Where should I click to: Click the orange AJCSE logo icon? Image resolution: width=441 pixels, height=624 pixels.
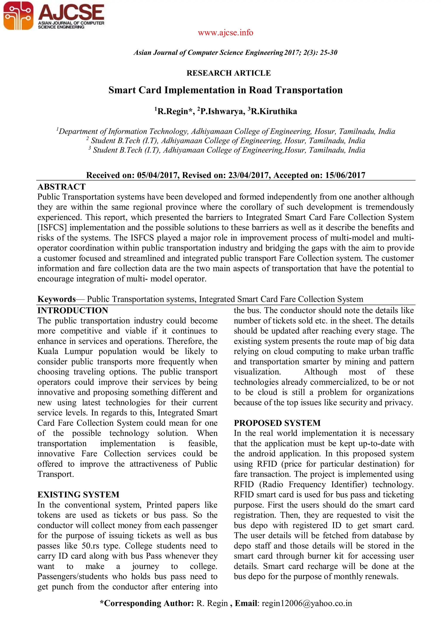pyautogui.click(x=18, y=16)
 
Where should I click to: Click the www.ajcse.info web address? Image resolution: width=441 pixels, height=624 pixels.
pyautogui.click(x=225, y=33)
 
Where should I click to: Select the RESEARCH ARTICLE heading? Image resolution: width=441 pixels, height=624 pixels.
pyautogui.click(x=229, y=73)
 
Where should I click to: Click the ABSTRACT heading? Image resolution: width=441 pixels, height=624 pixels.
pyautogui.click(x=61, y=187)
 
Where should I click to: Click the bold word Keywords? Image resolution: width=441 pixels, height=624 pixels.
pyautogui.click(x=56, y=299)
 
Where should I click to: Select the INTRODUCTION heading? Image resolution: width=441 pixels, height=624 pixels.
pyautogui.click(x=73, y=310)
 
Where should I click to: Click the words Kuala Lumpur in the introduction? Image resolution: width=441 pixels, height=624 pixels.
pyautogui.click(x=65, y=351)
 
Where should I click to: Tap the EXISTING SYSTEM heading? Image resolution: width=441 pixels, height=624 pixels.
pyautogui.click(x=78, y=494)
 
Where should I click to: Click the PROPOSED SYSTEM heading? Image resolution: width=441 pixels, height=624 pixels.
pyautogui.click(x=277, y=423)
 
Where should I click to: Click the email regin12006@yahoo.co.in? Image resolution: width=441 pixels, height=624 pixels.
pyautogui.click(x=307, y=603)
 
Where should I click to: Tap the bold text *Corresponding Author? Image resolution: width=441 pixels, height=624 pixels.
pyautogui.click(x=147, y=603)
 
